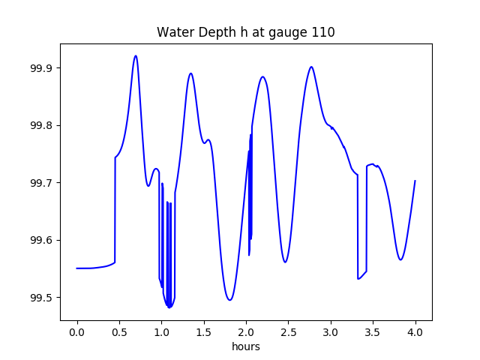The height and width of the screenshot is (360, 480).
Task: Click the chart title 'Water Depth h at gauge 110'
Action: pos(245,32)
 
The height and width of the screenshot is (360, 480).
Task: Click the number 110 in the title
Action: pos(323,32)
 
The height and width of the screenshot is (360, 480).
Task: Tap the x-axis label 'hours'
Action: pos(245,347)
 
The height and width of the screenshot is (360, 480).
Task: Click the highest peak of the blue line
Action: pos(136,55)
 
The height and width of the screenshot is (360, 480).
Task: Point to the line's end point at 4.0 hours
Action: pos(415,181)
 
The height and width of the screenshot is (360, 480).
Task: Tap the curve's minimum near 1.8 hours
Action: pos(229,300)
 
